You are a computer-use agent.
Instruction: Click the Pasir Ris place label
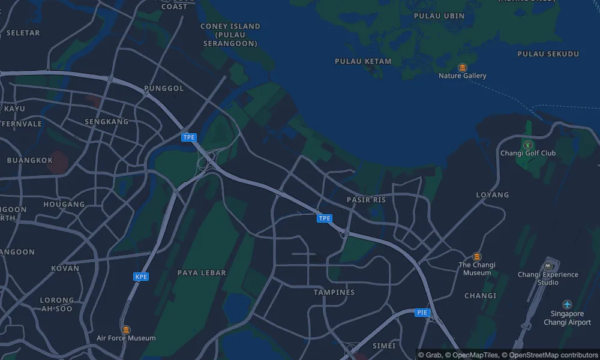[x=366, y=199]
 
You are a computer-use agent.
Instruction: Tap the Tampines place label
[x=334, y=292]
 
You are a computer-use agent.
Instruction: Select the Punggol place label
[x=164, y=88]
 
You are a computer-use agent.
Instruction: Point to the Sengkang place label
[x=107, y=121]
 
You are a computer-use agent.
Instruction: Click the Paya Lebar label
[x=202, y=272]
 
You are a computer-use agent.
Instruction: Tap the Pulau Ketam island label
[x=363, y=61]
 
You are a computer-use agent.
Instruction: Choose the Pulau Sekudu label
[x=548, y=54]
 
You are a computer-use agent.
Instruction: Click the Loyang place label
[x=492, y=194]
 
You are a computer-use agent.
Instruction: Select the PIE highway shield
[x=422, y=313]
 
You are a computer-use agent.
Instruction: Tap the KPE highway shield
[x=141, y=277]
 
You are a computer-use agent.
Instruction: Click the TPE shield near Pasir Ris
[x=325, y=218]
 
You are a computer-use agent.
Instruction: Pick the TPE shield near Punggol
[x=189, y=137]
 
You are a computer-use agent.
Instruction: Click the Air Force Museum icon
[x=126, y=329]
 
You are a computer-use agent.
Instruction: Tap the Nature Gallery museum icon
[x=462, y=67]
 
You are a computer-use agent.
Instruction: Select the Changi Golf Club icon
[x=527, y=145]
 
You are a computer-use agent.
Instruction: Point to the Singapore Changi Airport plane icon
[x=567, y=305]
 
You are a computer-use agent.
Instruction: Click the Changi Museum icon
[x=477, y=257]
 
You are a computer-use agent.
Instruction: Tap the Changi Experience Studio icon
[x=548, y=266]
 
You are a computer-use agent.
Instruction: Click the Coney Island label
[x=230, y=35]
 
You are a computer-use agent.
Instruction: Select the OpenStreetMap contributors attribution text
[x=550, y=355]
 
